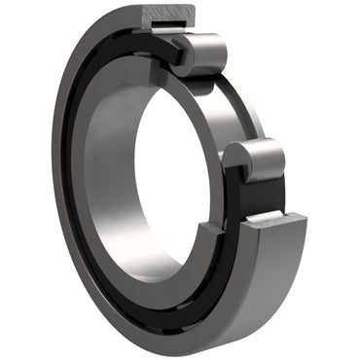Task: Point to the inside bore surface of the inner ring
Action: (107, 165)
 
